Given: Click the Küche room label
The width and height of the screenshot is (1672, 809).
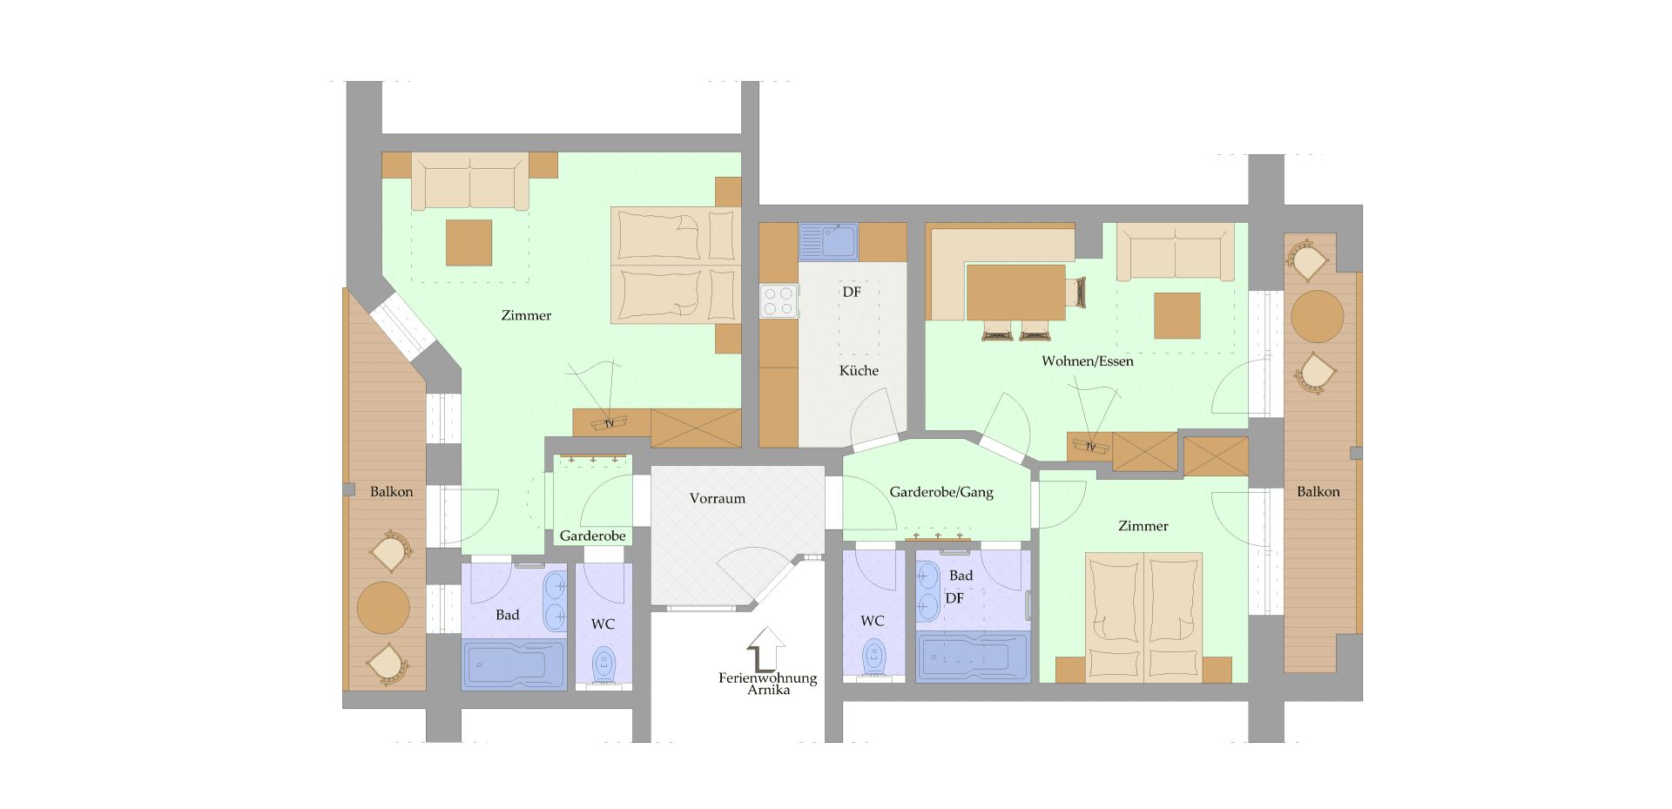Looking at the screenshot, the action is pos(859,371).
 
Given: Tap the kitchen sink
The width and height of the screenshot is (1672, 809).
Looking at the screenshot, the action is pos(828,241).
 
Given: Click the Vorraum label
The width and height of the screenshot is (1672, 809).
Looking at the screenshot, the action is pos(718,499).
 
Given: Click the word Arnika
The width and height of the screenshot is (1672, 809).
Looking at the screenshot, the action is pos(768,691).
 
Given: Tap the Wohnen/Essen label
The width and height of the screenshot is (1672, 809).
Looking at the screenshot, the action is pos(1088,361).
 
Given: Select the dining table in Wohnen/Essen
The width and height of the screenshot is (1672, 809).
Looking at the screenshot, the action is pos(1015,293).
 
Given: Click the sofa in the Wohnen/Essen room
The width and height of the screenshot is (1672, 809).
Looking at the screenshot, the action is pos(1176,252).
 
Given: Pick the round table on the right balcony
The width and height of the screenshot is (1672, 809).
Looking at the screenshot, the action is pos(1317,316).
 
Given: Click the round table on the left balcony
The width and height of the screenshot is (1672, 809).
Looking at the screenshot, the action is pos(383,608).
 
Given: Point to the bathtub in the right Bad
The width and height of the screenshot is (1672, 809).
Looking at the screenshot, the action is pos(973,657).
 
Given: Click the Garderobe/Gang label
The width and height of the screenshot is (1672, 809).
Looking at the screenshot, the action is pos(941,493).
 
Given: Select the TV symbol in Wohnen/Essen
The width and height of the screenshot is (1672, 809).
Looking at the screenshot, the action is pos(1090,447).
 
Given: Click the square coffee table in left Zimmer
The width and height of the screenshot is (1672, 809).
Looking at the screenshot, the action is pos(469,243).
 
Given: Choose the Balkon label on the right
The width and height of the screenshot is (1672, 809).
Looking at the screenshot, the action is pos(1318,492).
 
